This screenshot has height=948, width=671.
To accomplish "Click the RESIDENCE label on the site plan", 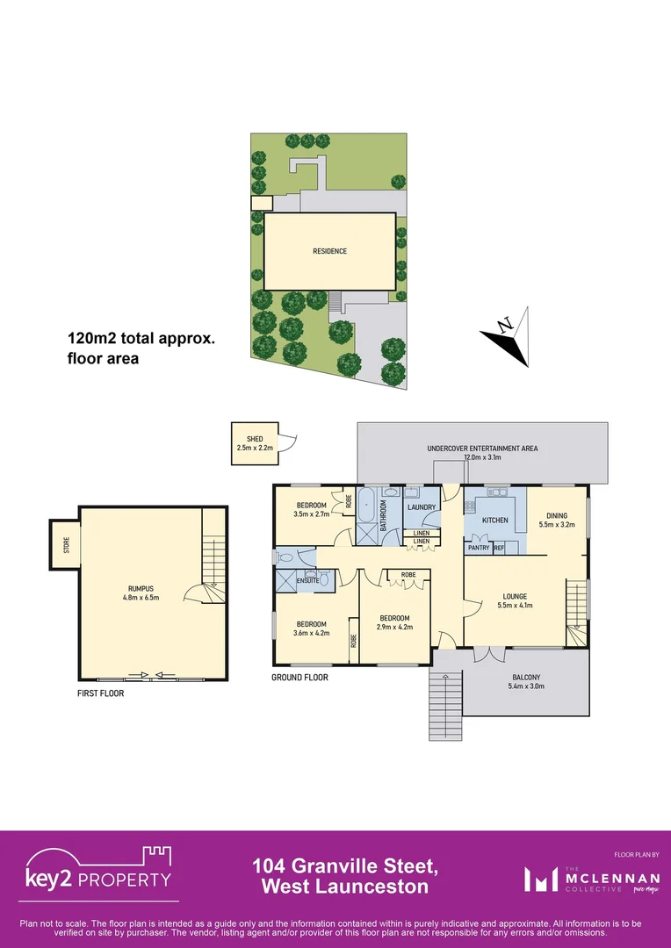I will click(x=329, y=251).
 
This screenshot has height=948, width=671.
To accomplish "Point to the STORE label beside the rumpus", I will click(x=65, y=545).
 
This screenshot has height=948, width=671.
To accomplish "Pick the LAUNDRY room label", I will click(x=422, y=507).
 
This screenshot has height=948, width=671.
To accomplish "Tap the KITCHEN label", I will click(x=494, y=521).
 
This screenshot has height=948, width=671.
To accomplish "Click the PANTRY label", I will click(x=479, y=548).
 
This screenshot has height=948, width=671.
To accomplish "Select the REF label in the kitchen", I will click(x=499, y=548).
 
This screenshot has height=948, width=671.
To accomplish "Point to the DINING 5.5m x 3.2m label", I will click(x=557, y=521).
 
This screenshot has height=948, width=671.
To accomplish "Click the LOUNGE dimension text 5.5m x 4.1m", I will click(x=516, y=606).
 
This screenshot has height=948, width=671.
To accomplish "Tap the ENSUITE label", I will click(x=307, y=580).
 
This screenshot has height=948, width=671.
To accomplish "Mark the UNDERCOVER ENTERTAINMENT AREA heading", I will click(x=482, y=449).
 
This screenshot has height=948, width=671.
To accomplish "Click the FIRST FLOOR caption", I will click(x=100, y=693).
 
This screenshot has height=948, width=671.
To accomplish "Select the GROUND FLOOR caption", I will click(x=299, y=678).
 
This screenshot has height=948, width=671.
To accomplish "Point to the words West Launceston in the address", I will click(x=346, y=887).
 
